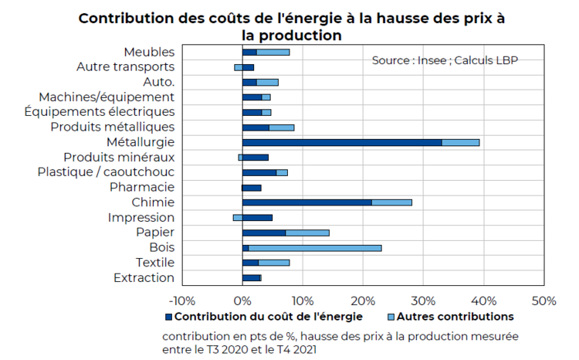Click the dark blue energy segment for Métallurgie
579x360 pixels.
coord(342,143)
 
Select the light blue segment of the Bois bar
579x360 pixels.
coord(315,248)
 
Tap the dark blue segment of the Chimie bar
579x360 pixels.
coord(307,202)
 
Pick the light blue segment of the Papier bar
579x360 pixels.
coord(307,233)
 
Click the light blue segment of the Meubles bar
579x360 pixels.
coord(273,52)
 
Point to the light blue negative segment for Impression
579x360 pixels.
coord(238,218)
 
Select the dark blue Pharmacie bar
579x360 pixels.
coord(252,188)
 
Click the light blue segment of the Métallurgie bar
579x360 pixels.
coord(460,143)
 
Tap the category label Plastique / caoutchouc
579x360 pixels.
coord(106,172)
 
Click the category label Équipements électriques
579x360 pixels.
coord(100,111)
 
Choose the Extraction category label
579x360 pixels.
coord(144,277)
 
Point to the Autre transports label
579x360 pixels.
coord(126,67)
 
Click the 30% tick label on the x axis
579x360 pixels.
coord(423,301)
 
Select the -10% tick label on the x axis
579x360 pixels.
coord(182,301)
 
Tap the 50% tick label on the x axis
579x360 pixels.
coord(544,301)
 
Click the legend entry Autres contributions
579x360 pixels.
coord(451,317)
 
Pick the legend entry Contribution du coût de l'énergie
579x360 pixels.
coord(264,317)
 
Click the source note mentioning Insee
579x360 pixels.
coord(445,60)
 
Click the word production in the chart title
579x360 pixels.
coord(300,36)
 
